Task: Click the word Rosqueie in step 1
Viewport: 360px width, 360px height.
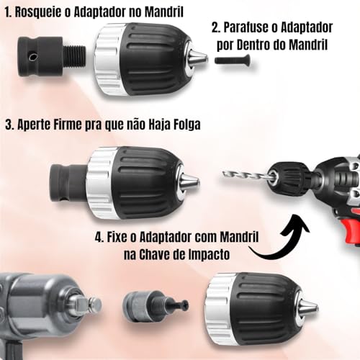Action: (x=45, y=12)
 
